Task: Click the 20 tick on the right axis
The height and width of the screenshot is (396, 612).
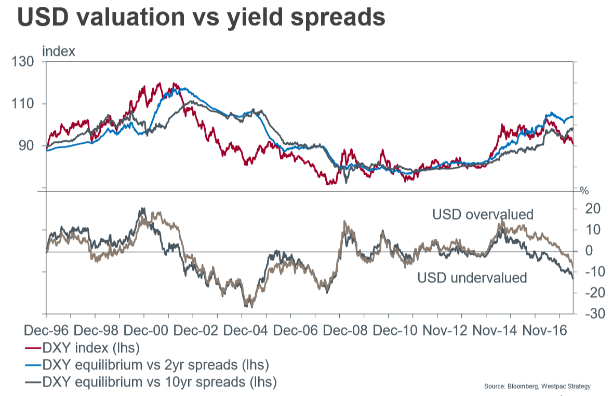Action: (x=592, y=209)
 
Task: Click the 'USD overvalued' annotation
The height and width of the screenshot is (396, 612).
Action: (x=483, y=214)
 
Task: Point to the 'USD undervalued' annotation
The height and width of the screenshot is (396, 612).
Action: (x=472, y=278)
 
